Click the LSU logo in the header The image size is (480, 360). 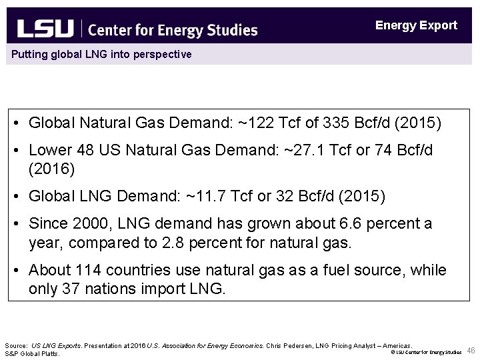pyautogui.click(x=45, y=29)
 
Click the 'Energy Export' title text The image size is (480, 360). pyautogui.click(x=416, y=25)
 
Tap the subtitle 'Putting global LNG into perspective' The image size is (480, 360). pyautogui.click(x=100, y=54)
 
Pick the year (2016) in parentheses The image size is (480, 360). pyautogui.click(x=52, y=169)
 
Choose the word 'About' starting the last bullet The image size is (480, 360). pyautogui.click(x=49, y=270)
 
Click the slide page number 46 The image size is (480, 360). pyautogui.click(x=471, y=351)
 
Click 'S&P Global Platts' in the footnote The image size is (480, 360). pyautogui.click(x=32, y=353)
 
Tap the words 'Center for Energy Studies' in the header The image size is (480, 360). pyautogui.click(x=172, y=29)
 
